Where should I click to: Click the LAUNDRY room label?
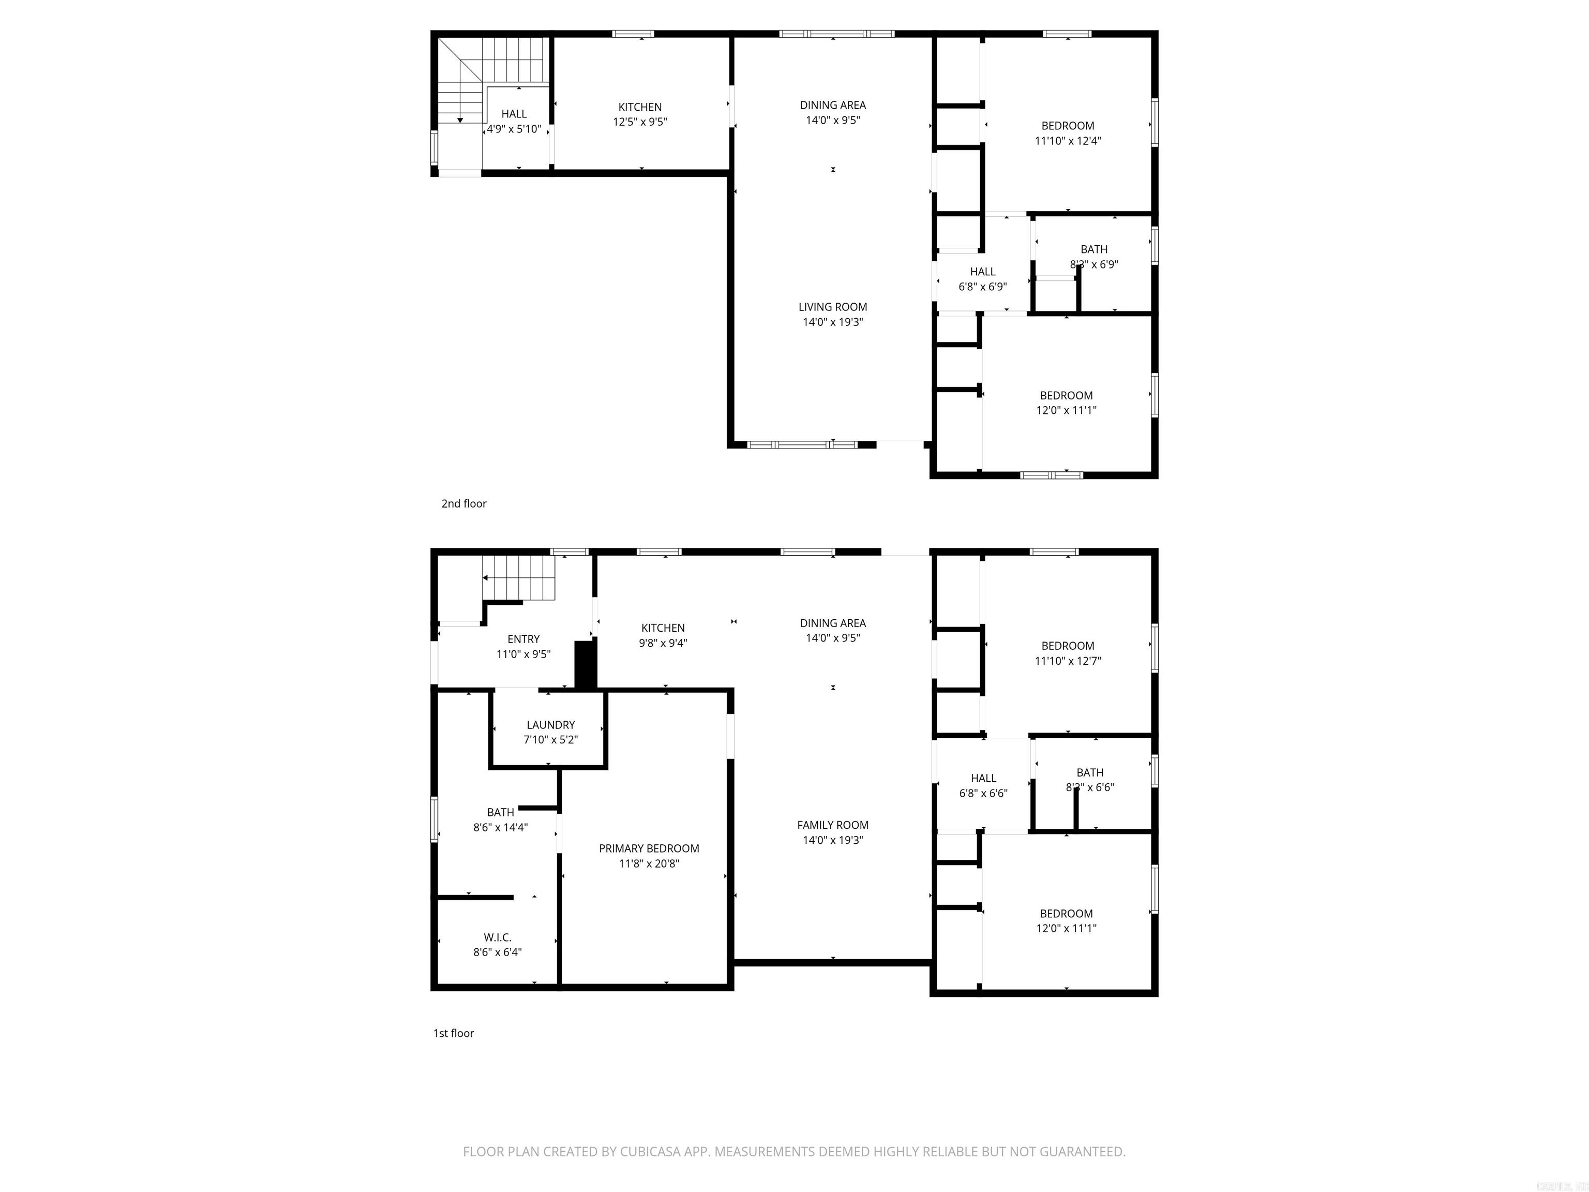[550, 725]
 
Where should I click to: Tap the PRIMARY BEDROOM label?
[649, 848]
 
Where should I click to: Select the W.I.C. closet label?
[497, 937]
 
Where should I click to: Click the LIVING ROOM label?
[833, 307]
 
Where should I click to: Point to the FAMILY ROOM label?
[833, 825]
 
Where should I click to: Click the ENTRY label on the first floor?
[523, 639]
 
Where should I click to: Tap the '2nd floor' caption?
[463, 504]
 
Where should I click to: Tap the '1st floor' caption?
[453, 1033]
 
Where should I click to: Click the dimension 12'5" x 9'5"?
[639, 122]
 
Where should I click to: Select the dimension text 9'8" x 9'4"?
[662, 643]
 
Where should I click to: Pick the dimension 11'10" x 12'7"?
[1068, 661]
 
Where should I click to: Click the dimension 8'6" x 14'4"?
[500, 827]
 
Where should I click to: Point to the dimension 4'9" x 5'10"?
[514, 129]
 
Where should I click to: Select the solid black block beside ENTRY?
[586, 665]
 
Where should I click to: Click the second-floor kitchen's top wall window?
[633, 34]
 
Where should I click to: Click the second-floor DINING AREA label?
[833, 105]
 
